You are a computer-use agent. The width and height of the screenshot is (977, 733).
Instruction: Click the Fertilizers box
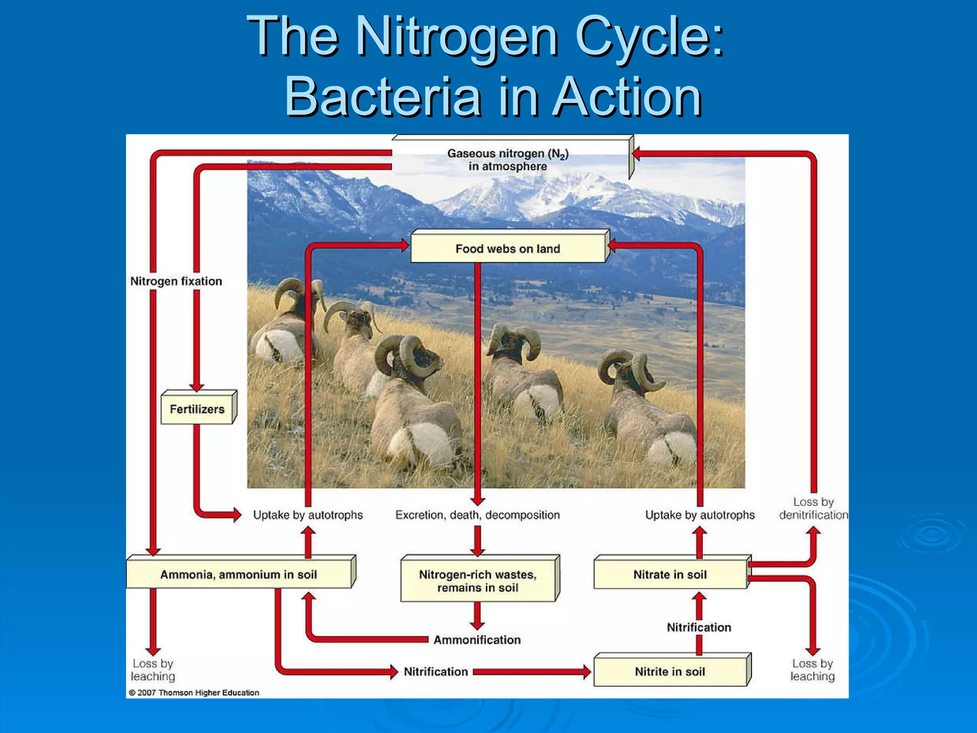[197, 409]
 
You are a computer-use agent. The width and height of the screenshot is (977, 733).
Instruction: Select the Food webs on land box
[508, 249]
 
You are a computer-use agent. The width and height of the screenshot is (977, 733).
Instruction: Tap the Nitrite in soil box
[670, 671]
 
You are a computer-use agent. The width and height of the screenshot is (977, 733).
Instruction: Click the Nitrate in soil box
[670, 575]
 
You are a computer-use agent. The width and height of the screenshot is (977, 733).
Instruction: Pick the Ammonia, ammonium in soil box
[239, 575]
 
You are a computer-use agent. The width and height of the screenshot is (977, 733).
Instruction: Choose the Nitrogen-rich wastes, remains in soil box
[478, 581]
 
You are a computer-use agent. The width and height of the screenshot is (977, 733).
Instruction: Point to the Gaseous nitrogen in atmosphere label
[508, 160]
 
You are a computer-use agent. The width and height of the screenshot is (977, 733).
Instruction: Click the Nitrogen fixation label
[176, 281]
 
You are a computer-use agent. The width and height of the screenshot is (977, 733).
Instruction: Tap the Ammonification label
[477, 640]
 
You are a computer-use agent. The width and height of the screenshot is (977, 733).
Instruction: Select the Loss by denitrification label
[813, 509]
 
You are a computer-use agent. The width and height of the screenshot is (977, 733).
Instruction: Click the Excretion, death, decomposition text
[478, 515]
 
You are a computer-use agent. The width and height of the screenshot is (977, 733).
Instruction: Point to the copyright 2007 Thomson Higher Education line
[194, 692]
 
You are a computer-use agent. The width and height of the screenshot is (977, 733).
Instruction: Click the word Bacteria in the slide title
[382, 97]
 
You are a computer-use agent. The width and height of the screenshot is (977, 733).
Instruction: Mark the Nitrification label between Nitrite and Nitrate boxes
[699, 627]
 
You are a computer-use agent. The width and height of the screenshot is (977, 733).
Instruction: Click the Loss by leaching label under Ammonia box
[153, 670]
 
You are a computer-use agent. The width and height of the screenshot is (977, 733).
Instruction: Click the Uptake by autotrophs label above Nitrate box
[700, 515]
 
